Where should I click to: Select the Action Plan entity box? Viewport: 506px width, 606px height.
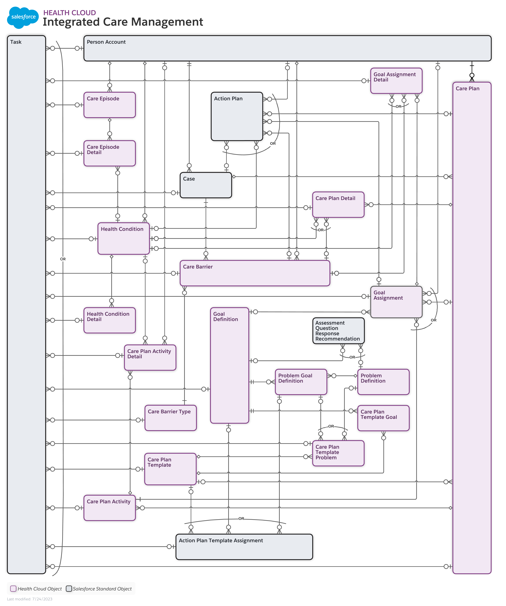(x=237, y=116)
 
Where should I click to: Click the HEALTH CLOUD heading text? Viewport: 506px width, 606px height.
(x=70, y=13)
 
